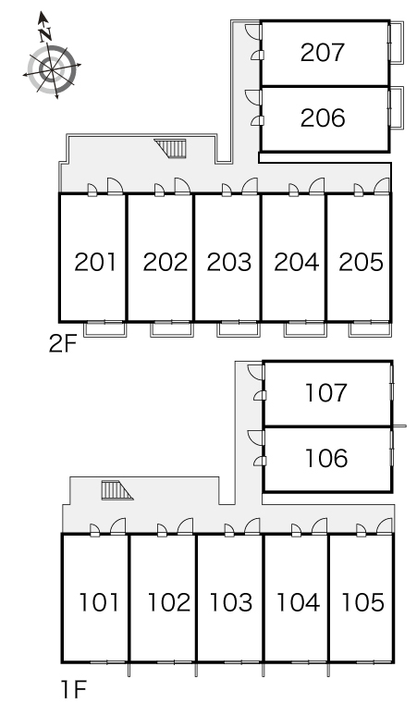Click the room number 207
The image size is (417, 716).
point(322,53)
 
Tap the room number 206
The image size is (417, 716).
point(322,118)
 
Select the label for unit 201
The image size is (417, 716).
point(95,262)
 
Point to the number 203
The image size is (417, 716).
point(229,262)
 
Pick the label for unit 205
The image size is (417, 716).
point(361,262)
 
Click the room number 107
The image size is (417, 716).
point(325,393)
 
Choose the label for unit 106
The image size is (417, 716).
point(325,458)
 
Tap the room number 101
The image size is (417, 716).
point(99,602)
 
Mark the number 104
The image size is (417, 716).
point(298,602)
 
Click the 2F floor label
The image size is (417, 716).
point(62,344)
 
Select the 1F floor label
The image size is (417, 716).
point(73,689)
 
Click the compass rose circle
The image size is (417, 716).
point(51,69)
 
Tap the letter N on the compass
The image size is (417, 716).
point(44,34)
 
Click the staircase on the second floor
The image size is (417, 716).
point(172,148)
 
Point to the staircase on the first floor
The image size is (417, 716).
point(117,490)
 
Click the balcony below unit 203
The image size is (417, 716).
point(239,329)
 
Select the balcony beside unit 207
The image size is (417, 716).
point(397,43)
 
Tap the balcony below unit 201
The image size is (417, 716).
point(105,329)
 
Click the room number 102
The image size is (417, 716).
point(169,602)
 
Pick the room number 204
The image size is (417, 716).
point(296,262)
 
